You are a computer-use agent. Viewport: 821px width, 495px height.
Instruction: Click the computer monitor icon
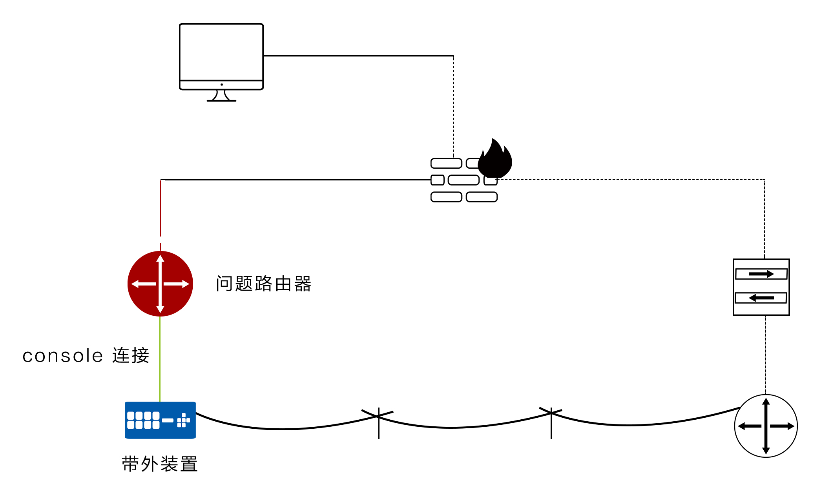point(221,62)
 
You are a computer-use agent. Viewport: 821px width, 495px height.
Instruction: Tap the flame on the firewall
point(495,158)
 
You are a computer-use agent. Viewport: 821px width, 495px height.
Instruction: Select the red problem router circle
point(160,284)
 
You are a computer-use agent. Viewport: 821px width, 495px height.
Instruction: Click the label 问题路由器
point(263,284)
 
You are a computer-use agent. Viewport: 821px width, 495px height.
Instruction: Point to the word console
point(63,356)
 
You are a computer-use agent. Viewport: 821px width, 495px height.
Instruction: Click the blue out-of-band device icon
point(160,420)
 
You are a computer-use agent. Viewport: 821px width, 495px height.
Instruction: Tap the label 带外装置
point(159,464)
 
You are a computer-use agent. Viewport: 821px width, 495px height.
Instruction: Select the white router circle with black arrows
point(766,426)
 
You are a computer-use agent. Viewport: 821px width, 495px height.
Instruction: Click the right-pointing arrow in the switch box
point(761,274)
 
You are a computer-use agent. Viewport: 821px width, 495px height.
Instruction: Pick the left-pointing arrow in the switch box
point(761,298)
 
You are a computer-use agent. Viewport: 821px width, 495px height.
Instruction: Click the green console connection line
point(160,359)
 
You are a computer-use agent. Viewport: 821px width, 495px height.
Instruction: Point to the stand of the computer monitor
point(221,96)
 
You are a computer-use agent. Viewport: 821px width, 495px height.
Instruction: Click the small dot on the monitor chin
point(222,84)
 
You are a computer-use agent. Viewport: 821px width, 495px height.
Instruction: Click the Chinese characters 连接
point(131,356)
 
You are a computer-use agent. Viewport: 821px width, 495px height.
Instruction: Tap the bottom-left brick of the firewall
point(446,197)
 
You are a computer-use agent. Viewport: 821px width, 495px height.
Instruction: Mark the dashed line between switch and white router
point(765,355)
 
